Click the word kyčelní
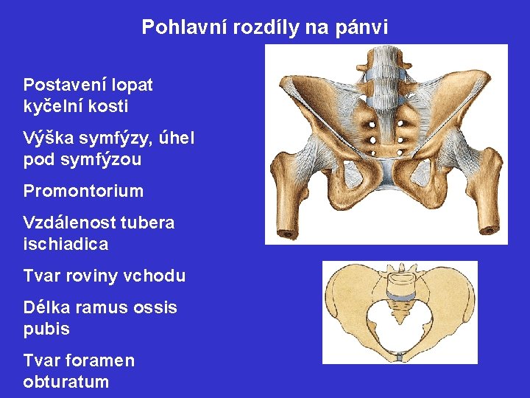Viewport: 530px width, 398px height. tap(51, 106)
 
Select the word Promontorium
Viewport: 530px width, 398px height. tap(83, 192)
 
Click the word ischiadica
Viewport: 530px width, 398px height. tap(66, 244)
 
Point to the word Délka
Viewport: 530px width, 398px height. tap(46, 307)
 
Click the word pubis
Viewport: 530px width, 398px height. tap(46, 329)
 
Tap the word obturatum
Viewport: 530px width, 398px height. tap(66, 382)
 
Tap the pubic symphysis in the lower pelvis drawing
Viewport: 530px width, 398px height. tap(399, 357)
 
